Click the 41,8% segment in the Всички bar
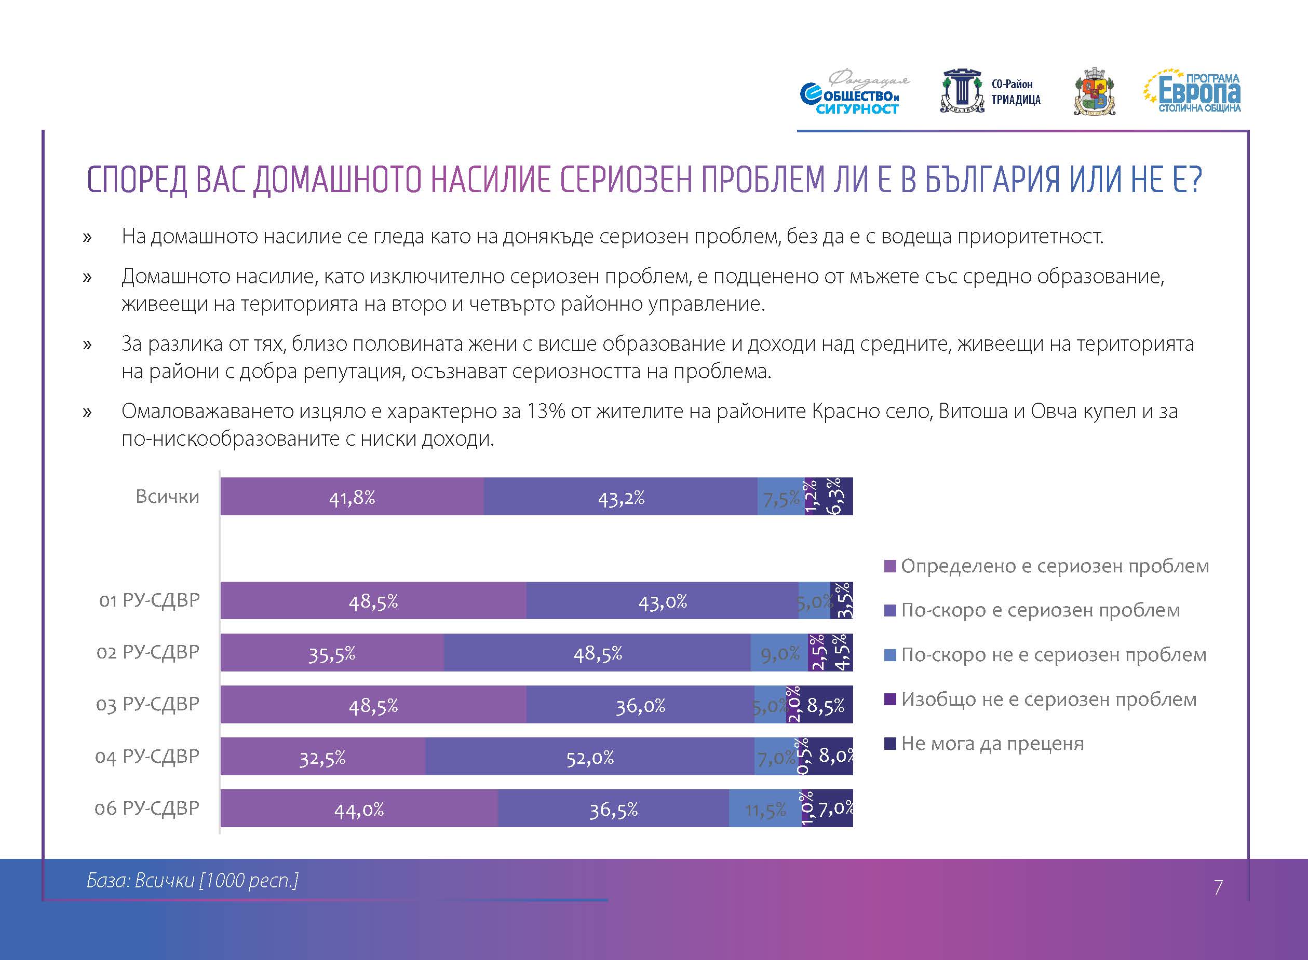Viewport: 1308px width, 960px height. pos(352,496)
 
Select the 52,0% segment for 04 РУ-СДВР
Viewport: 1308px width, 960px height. pos(590,756)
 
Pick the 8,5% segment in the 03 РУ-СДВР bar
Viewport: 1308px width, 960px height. pos(826,704)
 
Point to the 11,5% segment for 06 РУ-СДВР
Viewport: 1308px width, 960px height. pos(765,808)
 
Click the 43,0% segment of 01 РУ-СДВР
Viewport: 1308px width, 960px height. pos(663,600)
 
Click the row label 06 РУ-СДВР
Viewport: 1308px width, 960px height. pos(147,808)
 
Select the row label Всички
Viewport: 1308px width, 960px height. pos(167,496)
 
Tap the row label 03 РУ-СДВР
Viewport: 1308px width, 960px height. pos(147,704)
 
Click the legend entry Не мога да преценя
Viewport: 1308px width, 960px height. pos(983,743)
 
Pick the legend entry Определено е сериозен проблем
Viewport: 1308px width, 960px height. pos(1046,566)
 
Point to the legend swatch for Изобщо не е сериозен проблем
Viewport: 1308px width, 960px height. pos(890,699)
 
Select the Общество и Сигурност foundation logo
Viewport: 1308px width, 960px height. pos(854,93)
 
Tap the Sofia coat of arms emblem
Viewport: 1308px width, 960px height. pos(1094,92)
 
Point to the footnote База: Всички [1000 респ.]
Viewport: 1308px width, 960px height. pos(193,881)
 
